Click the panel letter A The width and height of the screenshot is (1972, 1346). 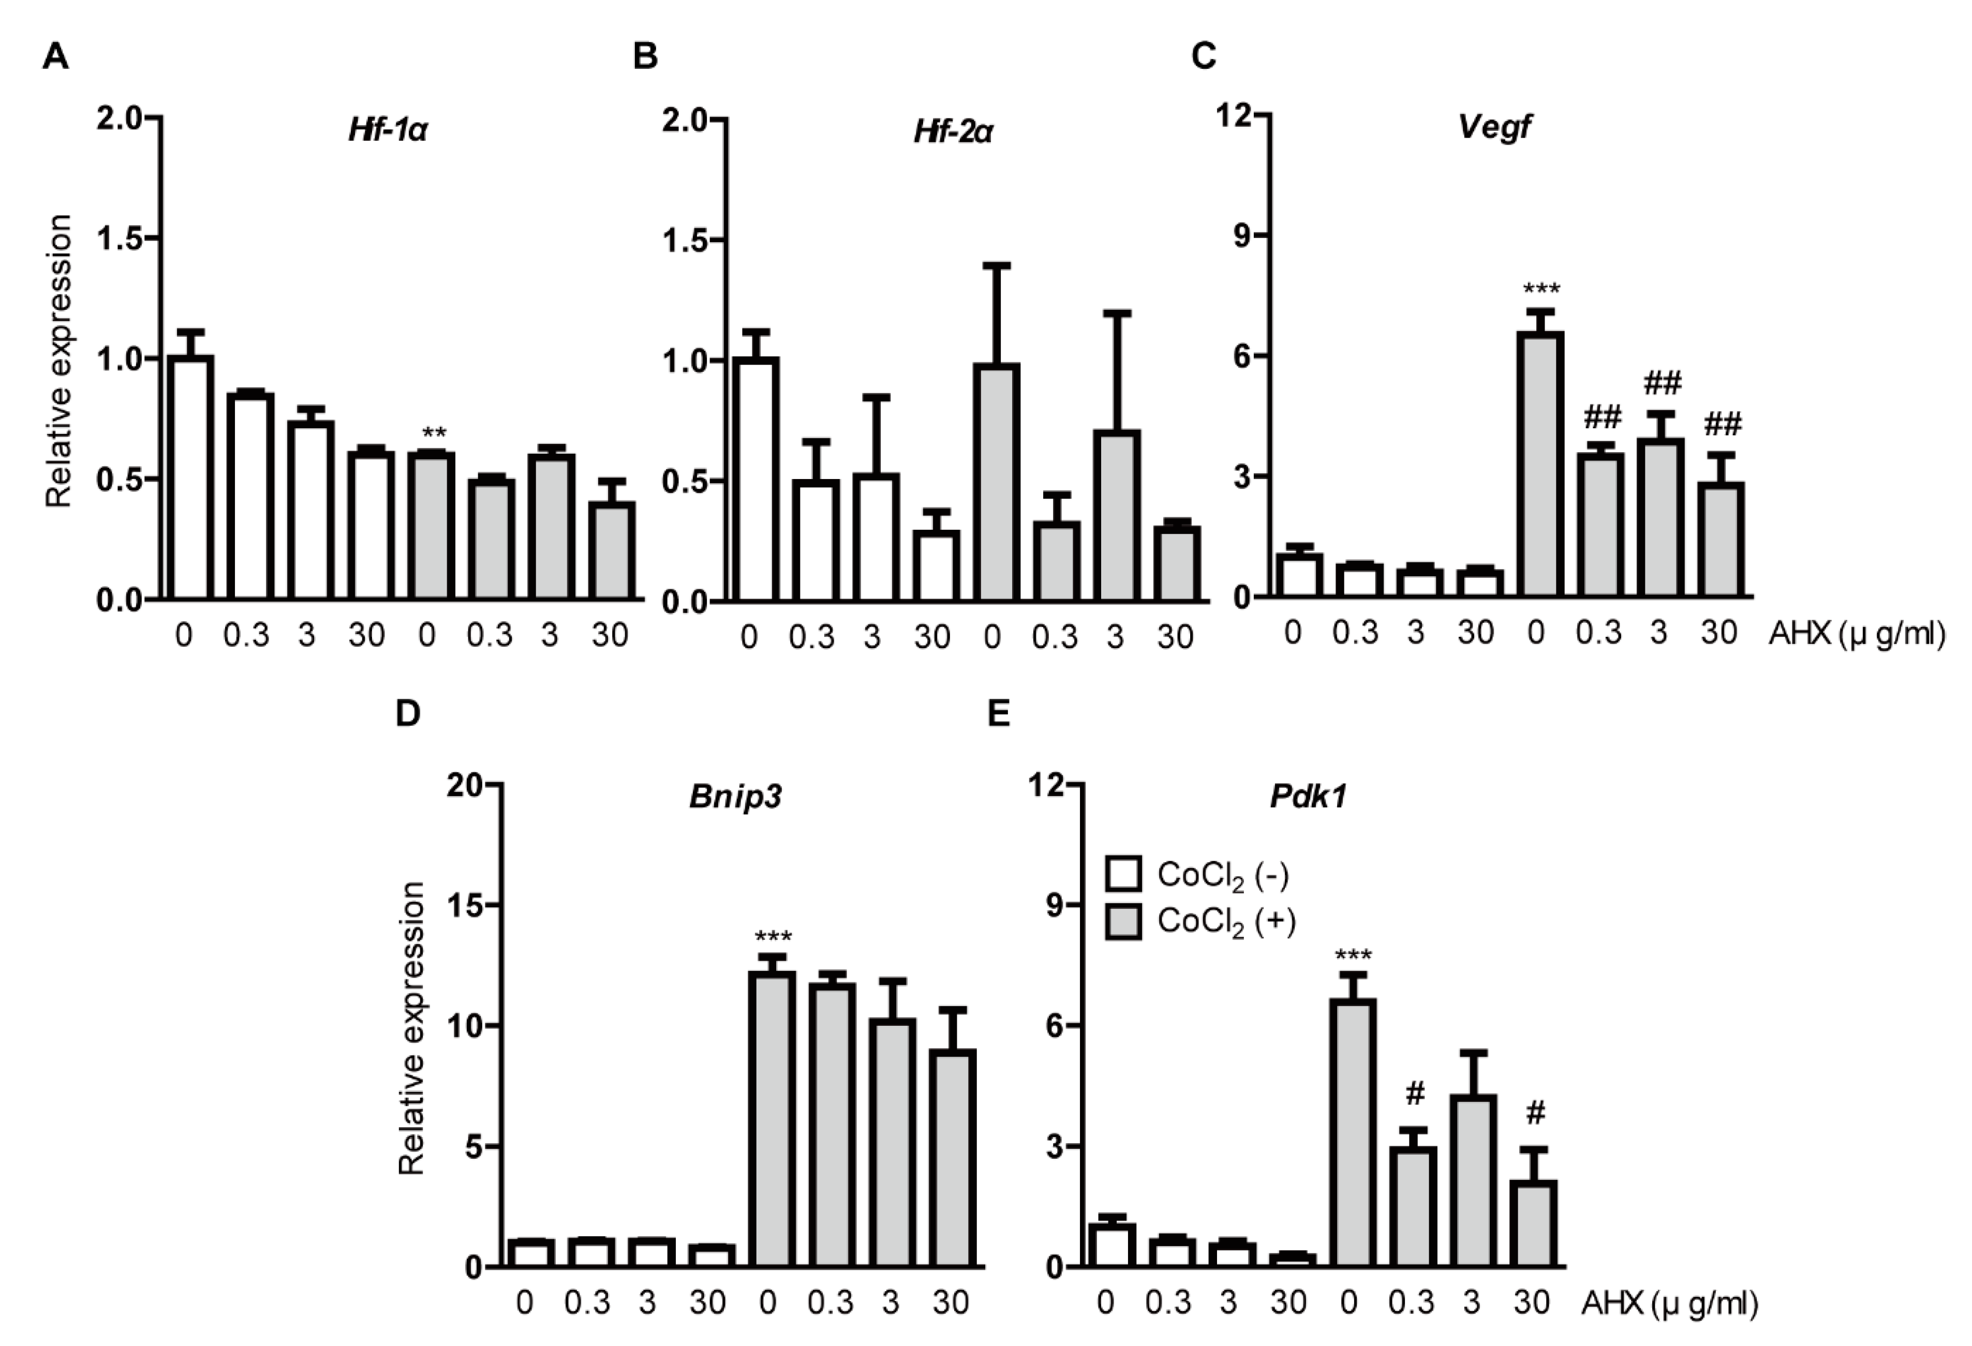click(x=55, y=57)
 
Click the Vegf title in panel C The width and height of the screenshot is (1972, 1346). click(x=1494, y=127)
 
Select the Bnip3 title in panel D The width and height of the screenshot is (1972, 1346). click(x=735, y=798)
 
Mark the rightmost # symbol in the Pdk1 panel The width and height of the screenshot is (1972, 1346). click(x=1535, y=1114)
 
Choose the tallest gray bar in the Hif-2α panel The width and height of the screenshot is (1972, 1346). click(x=996, y=481)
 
